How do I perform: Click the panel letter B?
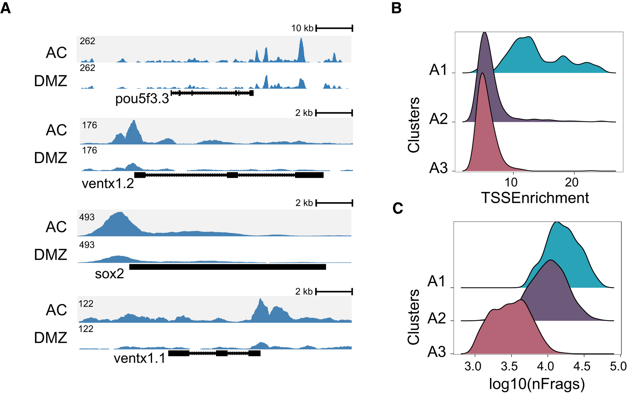(397, 8)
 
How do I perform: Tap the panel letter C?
(398, 208)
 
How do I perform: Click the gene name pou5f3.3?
(142, 99)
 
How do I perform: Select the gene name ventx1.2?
(108, 183)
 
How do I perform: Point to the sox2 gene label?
(109, 274)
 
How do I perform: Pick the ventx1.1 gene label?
(140, 358)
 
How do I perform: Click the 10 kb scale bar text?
(302, 28)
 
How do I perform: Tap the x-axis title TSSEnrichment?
(535, 198)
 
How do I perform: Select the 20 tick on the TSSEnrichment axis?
(572, 183)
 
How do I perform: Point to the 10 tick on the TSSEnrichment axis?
(511, 183)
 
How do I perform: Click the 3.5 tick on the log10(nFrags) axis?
(509, 367)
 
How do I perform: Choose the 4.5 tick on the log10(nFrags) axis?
(582, 367)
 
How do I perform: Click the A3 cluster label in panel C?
(437, 352)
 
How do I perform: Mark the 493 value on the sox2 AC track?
(87, 217)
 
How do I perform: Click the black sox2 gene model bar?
(227, 267)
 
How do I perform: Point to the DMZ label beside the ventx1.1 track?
(51, 338)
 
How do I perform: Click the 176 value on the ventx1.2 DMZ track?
(90, 150)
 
